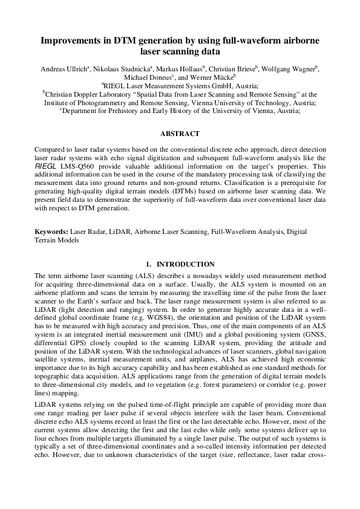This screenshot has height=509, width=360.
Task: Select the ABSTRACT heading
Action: pyautogui.click(x=180, y=133)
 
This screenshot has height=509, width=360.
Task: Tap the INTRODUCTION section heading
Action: pyautogui.click(x=186, y=264)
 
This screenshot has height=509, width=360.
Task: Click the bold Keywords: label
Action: pyautogui.click(x=51, y=231)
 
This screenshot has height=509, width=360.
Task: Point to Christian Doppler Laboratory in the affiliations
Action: pyautogui.click(x=88, y=95)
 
